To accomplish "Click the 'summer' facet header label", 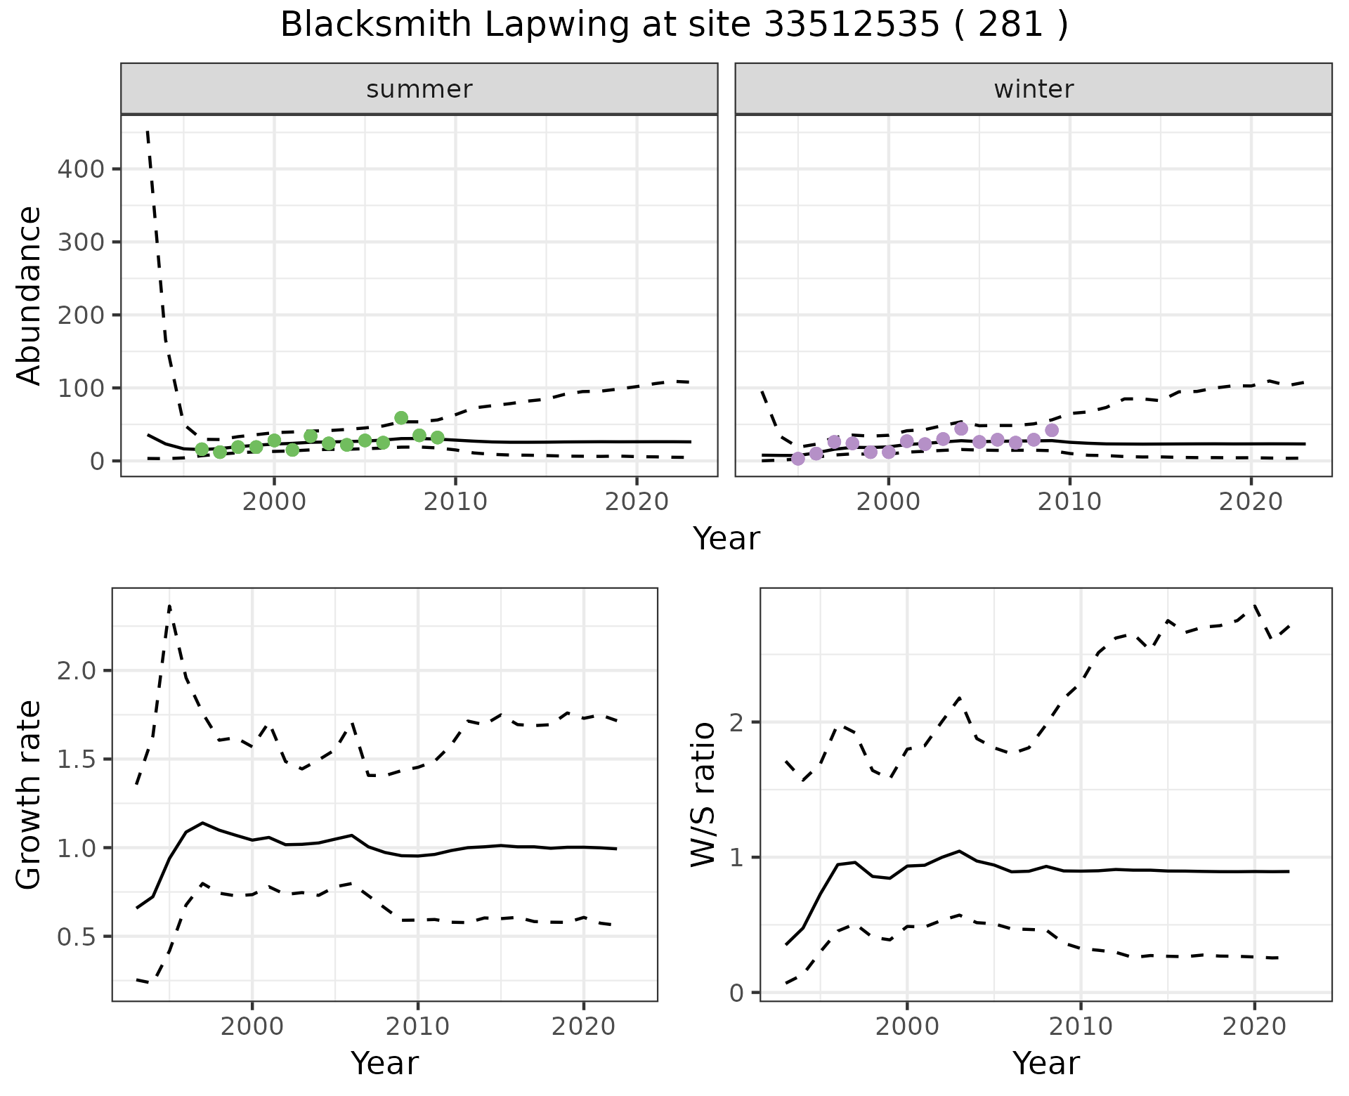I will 419,89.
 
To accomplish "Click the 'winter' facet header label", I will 1034,89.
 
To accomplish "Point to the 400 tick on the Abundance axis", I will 80,169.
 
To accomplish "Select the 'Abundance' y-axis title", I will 30,295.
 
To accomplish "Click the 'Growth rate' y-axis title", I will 30,795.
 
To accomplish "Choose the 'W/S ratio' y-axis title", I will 703,795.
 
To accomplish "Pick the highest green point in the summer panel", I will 401,418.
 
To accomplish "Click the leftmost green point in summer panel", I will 202,450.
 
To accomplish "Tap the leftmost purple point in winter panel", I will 798,459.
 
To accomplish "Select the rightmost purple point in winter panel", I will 1052,430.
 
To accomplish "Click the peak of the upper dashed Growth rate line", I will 169,606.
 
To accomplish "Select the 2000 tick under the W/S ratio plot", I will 906,1026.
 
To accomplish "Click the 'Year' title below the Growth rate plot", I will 384,1064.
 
